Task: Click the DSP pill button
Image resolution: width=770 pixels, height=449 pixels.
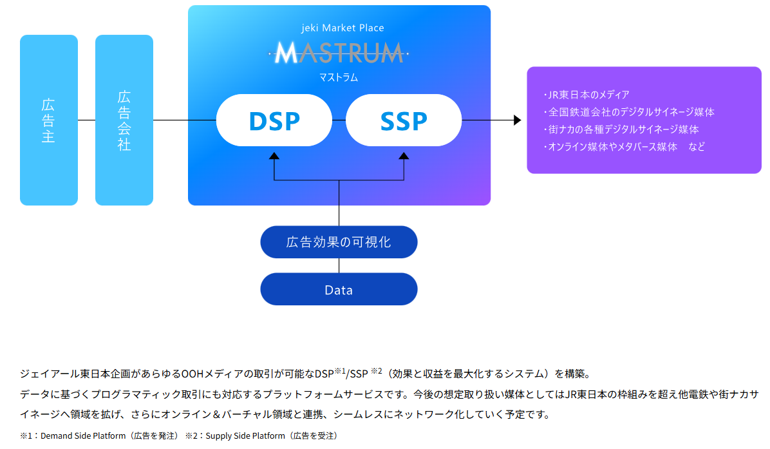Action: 274,120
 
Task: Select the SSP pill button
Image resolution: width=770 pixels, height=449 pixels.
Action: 404,120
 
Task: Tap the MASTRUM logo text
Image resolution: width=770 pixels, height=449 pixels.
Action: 339,53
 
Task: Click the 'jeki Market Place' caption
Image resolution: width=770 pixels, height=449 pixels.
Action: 339,28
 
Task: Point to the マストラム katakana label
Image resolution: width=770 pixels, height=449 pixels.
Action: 339,77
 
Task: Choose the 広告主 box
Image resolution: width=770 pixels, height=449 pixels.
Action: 49,120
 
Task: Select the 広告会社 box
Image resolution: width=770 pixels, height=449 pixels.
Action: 124,120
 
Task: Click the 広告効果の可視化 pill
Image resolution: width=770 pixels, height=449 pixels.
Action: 339,242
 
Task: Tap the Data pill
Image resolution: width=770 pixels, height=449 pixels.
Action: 339,289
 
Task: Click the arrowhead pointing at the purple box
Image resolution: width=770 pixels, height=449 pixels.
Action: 517,120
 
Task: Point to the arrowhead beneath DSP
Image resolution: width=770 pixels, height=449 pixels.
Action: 274,156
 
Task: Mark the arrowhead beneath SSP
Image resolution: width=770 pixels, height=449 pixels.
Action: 404,156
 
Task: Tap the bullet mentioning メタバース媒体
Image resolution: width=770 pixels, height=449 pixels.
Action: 623,147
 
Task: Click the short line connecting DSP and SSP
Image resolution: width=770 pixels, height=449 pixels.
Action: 339,120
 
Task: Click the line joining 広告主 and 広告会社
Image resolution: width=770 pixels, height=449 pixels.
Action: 86,120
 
